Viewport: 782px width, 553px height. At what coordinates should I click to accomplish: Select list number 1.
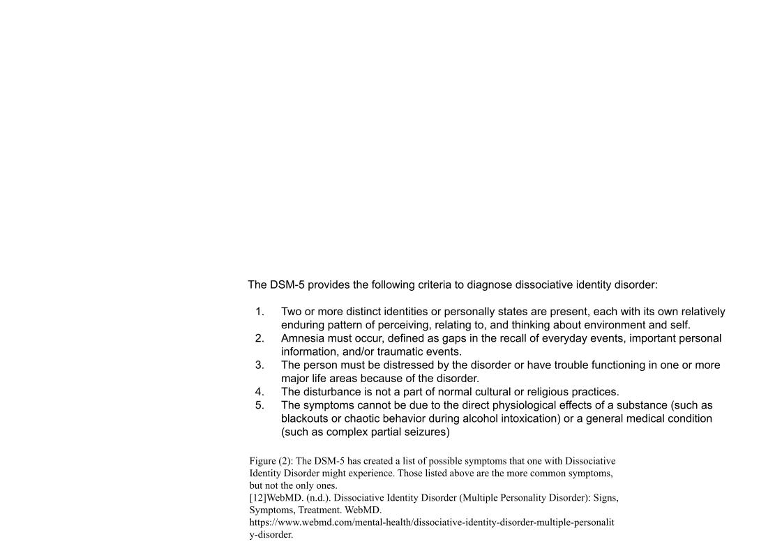pos(260,312)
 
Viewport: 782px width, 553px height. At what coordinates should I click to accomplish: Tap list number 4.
pos(260,392)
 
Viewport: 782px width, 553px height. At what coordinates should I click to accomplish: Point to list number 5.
pos(260,405)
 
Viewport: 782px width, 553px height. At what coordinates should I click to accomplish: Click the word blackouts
pos(305,418)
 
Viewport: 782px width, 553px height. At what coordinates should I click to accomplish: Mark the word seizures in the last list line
pos(428,432)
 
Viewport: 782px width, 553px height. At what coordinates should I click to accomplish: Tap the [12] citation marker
pos(257,498)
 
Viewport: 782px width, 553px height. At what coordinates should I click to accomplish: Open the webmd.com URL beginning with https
pos(432,522)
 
